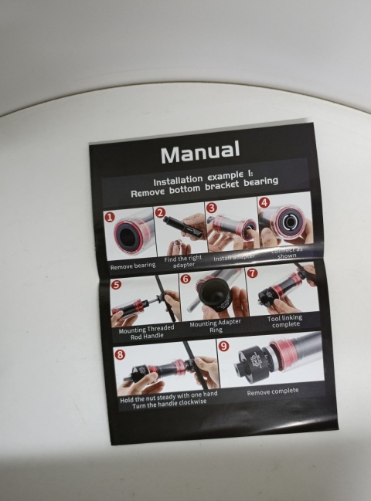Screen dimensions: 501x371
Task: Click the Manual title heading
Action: coord(199,151)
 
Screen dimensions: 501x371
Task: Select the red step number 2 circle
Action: coord(160,212)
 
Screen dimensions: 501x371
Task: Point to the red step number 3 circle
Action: coord(211,208)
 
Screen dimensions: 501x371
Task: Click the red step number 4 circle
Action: coord(264,203)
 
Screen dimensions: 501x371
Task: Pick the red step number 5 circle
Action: coord(115,285)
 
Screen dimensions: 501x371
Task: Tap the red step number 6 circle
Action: coord(185,279)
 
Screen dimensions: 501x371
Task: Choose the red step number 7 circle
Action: coord(252,273)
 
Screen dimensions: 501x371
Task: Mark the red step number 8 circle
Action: coord(120,355)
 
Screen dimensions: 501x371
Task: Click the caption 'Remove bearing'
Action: coord(132,266)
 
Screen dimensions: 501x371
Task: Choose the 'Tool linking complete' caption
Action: coord(284,321)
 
